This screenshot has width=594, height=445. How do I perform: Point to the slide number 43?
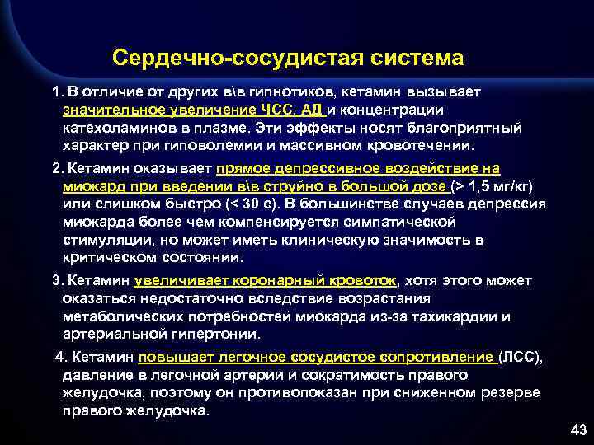[x=577, y=430]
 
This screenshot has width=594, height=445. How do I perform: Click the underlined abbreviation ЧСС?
[x=271, y=110]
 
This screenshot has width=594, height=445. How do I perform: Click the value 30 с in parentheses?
[x=258, y=204]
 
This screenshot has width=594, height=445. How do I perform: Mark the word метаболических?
[x=127, y=316]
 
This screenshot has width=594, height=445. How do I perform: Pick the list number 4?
[x=59, y=357]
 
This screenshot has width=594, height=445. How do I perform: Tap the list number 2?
[x=55, y=168]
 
